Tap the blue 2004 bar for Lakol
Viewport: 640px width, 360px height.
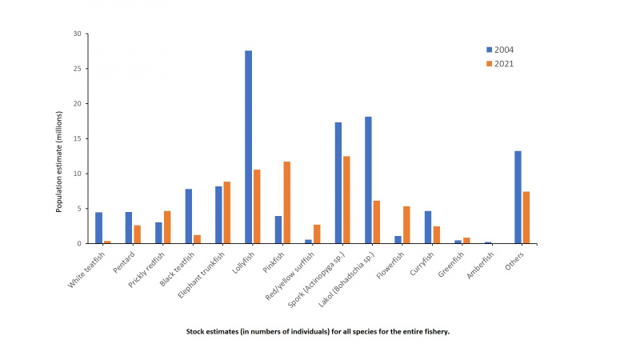[369, 180]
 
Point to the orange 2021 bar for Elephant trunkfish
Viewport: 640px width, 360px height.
[227, 213]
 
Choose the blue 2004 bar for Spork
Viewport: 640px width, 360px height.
[338, 183]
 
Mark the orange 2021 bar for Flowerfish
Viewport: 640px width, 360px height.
[406, 225]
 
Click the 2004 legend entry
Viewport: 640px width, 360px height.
[501, 50]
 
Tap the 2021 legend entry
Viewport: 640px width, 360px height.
[501, 63]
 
